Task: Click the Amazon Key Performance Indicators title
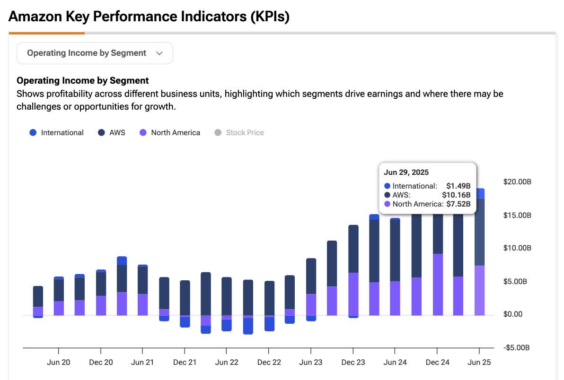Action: [x=149, y=17]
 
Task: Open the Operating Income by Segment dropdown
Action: [x=95, y=53]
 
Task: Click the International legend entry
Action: [x=57, y=133]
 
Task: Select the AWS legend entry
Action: [x=112, y=133]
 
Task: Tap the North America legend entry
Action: [x=170, y=133]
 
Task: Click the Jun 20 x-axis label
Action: [x=58, y=363]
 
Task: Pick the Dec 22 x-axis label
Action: [x=269, y=363]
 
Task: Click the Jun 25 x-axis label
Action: [x=479, y=363]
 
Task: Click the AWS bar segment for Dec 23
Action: [x=353, y=249]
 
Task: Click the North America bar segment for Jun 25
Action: [x=480, y=291]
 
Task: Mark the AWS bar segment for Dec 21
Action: [x=185, y=298]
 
